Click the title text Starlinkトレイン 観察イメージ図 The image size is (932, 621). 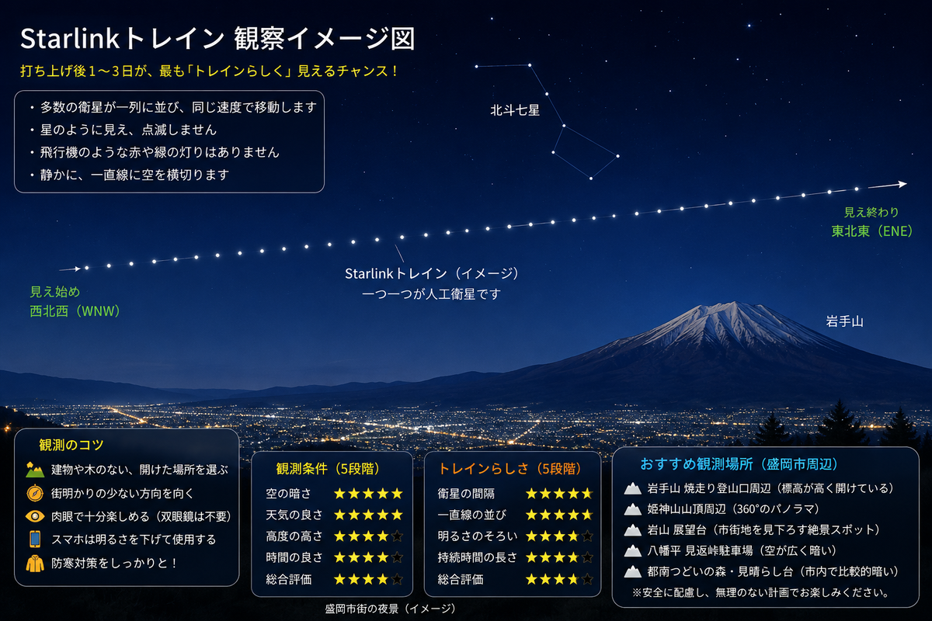click(x=217, y=39)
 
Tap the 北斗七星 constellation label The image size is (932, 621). click(x=515, y=110)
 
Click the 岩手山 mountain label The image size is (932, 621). click(x=844, y=321)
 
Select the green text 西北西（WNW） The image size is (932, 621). click(x=75, y=311)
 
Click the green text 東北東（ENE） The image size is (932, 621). click(x=872, y=231)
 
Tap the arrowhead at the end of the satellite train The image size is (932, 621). click(x=902, y=184)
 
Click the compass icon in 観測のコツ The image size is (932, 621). click(x=35, y=493)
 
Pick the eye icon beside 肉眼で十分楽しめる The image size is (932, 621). click(x=35, y=517)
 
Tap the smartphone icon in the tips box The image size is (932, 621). click(x=35, y=539)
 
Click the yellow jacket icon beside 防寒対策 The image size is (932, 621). click(x=35, y=564)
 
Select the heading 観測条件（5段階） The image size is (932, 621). click(x=329, y=469)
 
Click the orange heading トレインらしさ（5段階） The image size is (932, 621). click(x=509, y=469)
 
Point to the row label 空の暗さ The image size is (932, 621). click(x=288, y=494)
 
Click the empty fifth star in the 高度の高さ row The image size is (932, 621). click(x=398, y=536)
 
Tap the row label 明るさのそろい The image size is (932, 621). click(x=477, y=536)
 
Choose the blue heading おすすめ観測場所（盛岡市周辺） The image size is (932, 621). click(x=739, y=464)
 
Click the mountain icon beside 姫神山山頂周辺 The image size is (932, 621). click(x=632, y=509)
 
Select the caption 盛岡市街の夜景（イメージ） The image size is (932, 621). click(x=390, y=609)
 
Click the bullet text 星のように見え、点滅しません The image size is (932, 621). click(x=129, y=130)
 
